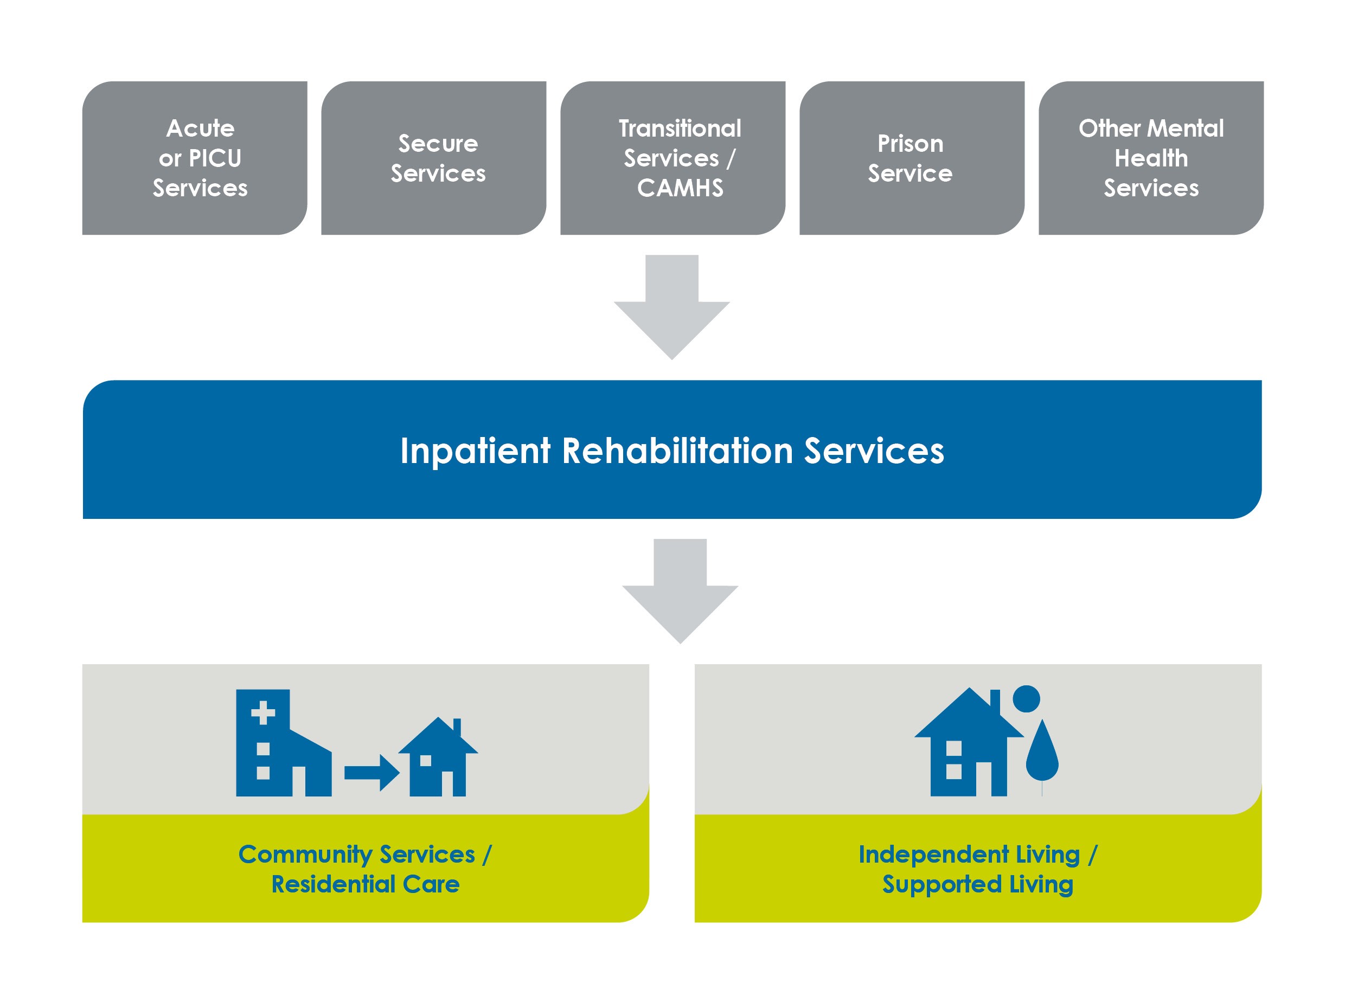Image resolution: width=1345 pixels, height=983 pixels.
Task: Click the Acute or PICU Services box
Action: (195, 158)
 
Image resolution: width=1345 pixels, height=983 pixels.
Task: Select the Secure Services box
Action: (433, 158)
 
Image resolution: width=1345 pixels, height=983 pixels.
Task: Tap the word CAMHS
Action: (680, 188)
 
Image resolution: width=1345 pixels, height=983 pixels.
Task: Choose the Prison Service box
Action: (911, 158)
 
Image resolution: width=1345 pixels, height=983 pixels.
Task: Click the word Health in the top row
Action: (1151, 158)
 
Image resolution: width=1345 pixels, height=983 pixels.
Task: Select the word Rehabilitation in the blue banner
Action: (677, 451)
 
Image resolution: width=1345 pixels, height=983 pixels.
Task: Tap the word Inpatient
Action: (475, 451)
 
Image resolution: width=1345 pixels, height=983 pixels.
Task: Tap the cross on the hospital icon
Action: (263, 712)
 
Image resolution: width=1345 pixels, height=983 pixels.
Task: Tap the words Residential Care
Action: (366, 884)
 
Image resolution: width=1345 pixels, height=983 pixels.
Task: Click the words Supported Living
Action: (978, 884)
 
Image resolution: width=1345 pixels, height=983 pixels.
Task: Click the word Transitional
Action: (680, 129)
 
